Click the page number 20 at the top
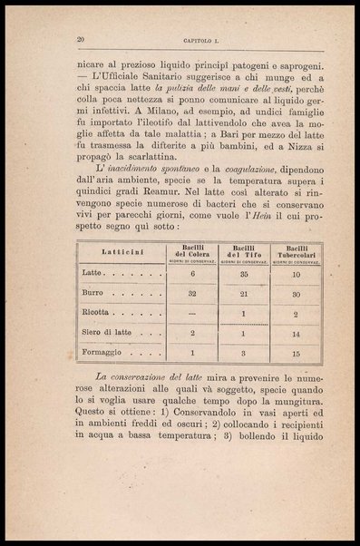[81, 39]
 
